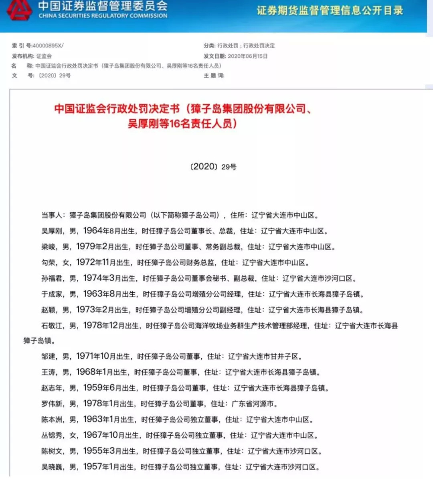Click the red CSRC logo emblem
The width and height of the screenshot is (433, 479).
pyautogui.click(x=19, y=10)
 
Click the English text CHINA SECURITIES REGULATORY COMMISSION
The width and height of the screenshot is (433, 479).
pyautogui.click(x=103, y=16)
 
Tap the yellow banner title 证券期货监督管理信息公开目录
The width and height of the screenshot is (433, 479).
pyautogui.click(x=330, y=10)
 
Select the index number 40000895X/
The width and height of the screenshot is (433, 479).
pyautogui.click(x=47, y=46)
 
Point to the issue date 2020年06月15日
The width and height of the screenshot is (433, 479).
pyautogui.click(x=247, y=56)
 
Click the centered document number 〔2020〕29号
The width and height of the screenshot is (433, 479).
pyautogui.click(x=213, y=167)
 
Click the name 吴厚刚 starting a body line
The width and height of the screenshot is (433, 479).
pyautogui.click(x=52, y=231)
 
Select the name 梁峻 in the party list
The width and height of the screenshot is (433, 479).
pyautogui.click(x=48, y=247)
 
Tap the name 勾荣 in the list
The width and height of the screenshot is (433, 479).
pyautogui.click(x=48, y=263)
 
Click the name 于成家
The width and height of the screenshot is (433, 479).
pyautogui.click(x=52, y=294)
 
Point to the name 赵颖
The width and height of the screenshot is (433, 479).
pyautogui.click(x=48, y=310)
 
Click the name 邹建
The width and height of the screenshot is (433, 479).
pyautogui.click(x=48, y=357)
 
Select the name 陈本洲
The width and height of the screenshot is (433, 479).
pyautogui.click(x=52, y=420)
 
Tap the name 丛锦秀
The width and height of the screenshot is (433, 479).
pyautogui.click(x=52, y=435)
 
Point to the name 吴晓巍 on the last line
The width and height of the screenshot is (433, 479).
pyautogui.click(x=52, y=467)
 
